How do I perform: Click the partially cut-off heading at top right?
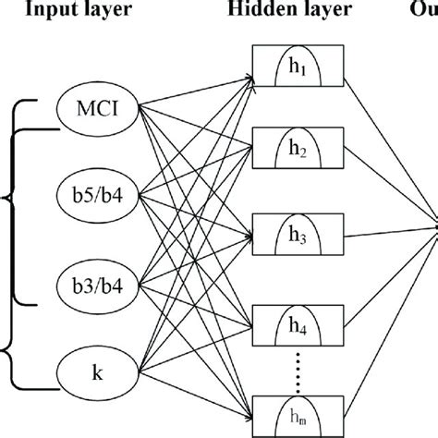click(x=426, y=10)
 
